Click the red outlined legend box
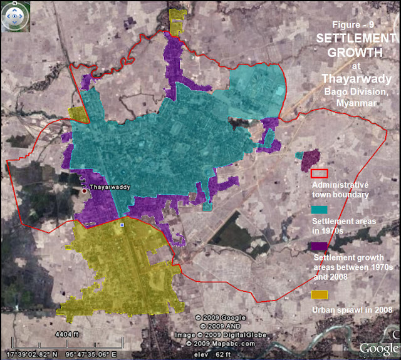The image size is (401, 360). [320, 173]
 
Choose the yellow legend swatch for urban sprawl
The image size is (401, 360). [319, 295]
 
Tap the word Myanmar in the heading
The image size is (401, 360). [355, 103]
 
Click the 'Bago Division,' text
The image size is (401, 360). [357, 91]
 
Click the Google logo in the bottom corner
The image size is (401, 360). [379, 348]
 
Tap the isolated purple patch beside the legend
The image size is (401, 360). [311, 159]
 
